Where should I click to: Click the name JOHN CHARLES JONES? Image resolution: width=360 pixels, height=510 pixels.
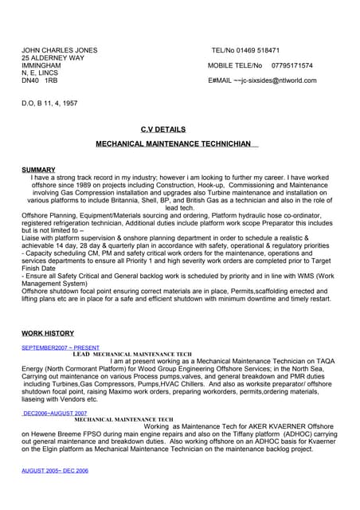click(x=59, y=50)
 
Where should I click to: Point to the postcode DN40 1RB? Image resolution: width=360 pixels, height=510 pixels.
click(x=39, y=80)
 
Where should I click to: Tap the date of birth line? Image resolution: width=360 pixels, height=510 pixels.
click(x=50, y=104)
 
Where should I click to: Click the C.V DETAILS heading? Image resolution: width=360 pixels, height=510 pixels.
click(x=162, y=129)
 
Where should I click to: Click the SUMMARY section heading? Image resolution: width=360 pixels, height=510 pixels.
click(x=38, y=170)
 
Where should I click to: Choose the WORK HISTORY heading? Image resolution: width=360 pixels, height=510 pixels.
click(x=48, y=333)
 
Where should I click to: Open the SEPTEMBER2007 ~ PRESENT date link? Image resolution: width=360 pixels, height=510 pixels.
click(x=61, y=347)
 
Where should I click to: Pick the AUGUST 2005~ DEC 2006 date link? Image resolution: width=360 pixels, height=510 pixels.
click(x=55, y=471)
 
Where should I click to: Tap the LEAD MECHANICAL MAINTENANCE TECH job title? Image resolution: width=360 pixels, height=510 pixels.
click(x=132, y=354)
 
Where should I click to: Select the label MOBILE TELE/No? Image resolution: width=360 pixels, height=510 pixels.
click(x=235, y=65)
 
